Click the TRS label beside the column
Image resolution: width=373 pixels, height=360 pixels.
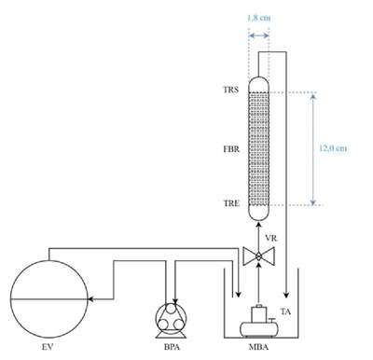pyautogui.click(x=231, y=90)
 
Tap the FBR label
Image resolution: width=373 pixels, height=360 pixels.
pyautogui.click(x=231, y=149)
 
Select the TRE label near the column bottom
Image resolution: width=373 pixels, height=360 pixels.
pyautogui.click(x=231, y=203)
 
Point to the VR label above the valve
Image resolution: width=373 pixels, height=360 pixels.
pyautogui.click(x=271, y=239)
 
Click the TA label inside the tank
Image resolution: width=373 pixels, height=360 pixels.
pyautogui.click(x=285, y=312)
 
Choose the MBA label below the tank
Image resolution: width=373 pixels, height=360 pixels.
pyautogui.click(x=258, y=347)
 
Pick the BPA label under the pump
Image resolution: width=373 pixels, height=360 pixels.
pyautogui.click(x=172, y=347)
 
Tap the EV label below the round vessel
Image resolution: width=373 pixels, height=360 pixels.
pyautogui.click(x=48, y=347)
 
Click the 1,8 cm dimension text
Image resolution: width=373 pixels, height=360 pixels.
pyautogui.click(x=258, y=18)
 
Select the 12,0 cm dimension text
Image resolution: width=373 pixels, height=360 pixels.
pyautogui.click(x=333, y=148)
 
